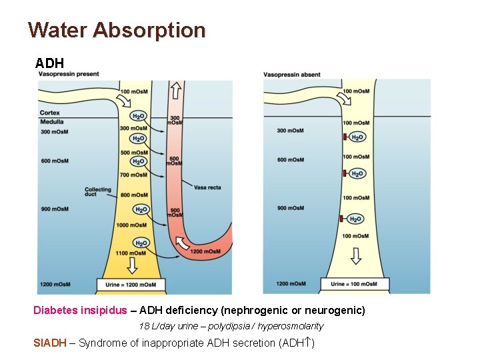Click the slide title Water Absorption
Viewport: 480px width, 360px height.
[x=117, y=30]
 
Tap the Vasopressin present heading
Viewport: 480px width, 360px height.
[x=69, y=74]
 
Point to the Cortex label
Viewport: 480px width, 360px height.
[x=49, y=113]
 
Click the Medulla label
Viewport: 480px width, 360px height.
[x=51, y=122]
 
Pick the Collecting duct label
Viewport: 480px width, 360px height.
[x=97, y=192]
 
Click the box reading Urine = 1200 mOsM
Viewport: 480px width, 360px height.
[x=131, y=285]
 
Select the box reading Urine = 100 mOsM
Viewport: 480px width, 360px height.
[x=354, y=284]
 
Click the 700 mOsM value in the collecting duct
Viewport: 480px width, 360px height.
[x=134, y=175]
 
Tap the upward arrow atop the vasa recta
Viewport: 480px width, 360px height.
[x=176, y=90]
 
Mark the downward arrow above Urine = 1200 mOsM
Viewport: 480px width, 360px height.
[x=132, y=265]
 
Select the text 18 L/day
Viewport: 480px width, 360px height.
[x=155, y=326]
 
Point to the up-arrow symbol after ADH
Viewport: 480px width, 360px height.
[x=307, y=343]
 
